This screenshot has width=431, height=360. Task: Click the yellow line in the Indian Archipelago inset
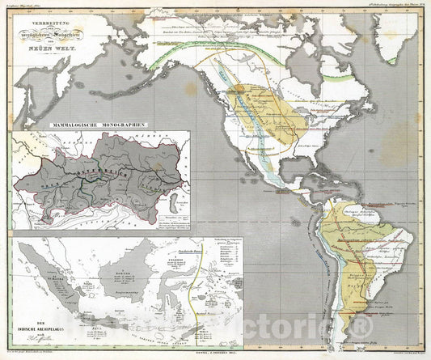(x=194, y=283)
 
